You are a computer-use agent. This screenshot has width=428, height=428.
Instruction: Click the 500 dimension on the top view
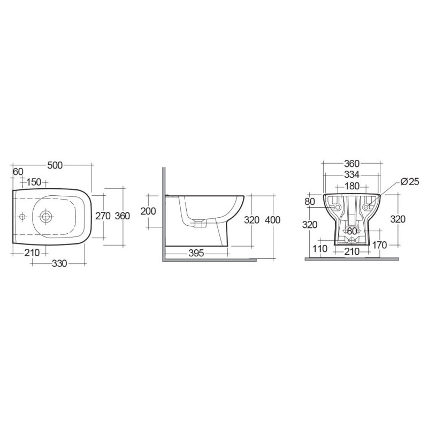55,165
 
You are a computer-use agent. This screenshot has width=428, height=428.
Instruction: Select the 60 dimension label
18,172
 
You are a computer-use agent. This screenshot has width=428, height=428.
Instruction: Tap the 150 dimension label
34,182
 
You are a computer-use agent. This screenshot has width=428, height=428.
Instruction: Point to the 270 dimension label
103,216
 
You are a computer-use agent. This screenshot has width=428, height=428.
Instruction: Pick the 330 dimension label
59,263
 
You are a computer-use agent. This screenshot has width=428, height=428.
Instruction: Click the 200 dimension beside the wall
148,211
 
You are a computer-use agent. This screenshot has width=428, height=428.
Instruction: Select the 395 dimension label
196,253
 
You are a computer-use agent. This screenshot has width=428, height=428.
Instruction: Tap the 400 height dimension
273,220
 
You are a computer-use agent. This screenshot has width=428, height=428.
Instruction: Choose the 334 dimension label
352,174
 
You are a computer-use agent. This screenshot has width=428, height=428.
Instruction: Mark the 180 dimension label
352,186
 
